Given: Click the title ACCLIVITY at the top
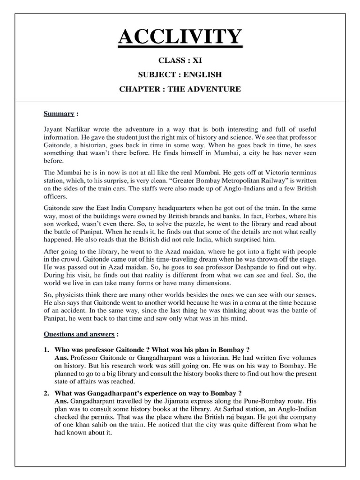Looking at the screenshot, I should click(x=180, y=37).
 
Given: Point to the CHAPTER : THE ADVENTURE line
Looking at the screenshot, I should click(x=180, y=89).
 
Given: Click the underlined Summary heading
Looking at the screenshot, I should click(x=59, y=113).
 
